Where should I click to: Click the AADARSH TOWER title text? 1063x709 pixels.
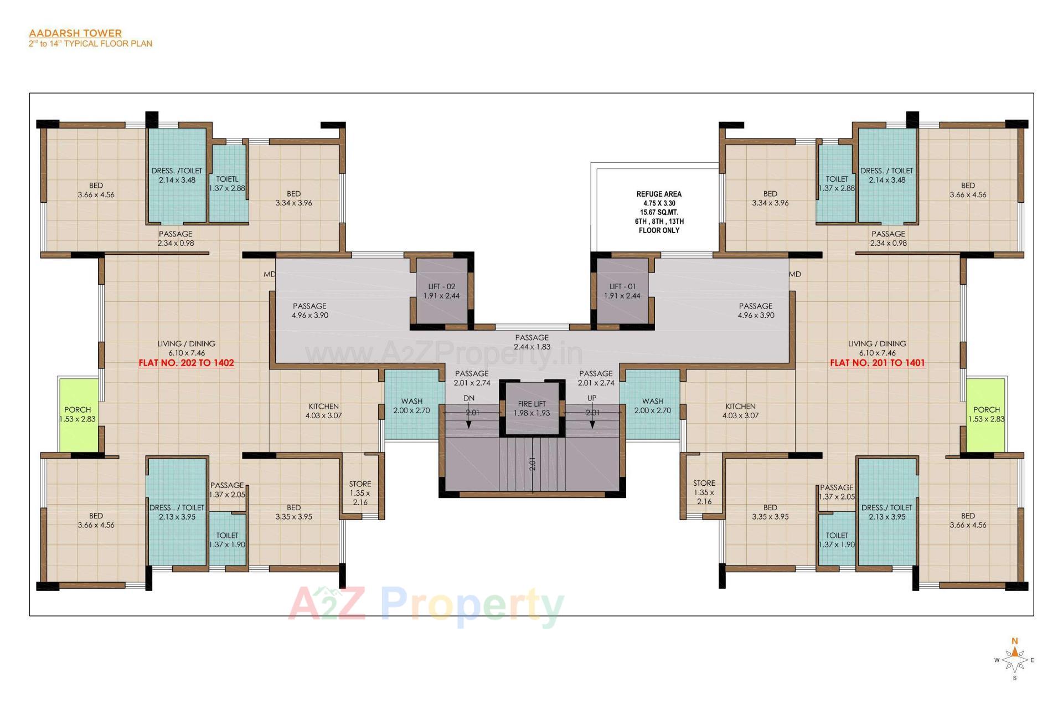75,33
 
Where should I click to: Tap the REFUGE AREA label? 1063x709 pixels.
658,194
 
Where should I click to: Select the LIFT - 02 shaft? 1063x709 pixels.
441,291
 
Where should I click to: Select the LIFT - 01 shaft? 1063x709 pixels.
622,291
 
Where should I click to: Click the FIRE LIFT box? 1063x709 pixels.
531,408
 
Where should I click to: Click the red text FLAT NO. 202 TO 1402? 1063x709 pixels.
186,363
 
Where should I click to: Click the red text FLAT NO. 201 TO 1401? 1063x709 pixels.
877,363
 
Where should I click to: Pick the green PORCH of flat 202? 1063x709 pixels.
78,414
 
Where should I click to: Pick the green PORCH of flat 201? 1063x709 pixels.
986,414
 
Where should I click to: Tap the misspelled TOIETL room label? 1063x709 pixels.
227,179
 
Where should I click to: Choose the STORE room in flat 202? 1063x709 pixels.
360,492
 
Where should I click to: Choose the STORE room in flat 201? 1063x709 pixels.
704,492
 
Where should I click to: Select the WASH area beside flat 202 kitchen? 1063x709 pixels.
411,405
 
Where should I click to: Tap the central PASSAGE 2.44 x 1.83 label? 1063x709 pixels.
531,342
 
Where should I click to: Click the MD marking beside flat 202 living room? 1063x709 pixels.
269,274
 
